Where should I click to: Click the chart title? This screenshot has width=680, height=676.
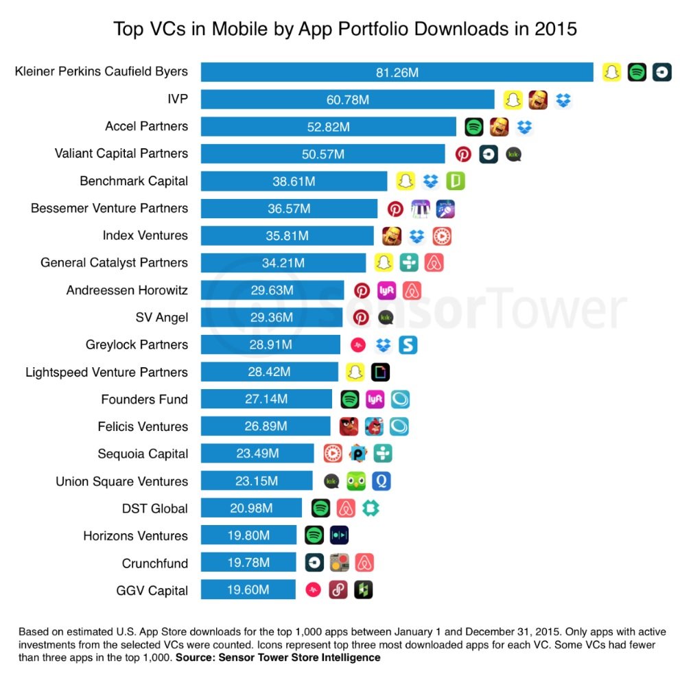344,30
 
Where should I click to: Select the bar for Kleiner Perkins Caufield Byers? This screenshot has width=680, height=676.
397,72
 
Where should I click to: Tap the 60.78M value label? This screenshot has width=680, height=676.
348,100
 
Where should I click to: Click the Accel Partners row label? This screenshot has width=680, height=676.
146,126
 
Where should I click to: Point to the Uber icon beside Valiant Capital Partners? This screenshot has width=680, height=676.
488,154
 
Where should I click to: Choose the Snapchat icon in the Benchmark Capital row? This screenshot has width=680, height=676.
406,181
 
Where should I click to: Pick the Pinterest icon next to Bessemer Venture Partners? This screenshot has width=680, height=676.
395,209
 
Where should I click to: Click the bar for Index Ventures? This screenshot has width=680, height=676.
287,235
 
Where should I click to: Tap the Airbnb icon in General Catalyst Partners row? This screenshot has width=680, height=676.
434,263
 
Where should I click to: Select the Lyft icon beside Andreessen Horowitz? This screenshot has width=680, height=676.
386,290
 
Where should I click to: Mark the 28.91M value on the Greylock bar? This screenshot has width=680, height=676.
270,345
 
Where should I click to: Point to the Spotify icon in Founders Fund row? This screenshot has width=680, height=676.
350,399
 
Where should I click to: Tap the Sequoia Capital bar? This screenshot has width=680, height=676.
257,454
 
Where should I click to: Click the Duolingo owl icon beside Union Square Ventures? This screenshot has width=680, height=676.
356,481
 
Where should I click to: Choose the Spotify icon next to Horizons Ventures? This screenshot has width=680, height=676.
314,535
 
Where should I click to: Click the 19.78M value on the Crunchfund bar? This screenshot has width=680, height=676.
248,563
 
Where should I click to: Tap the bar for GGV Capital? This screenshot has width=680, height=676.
248,590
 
